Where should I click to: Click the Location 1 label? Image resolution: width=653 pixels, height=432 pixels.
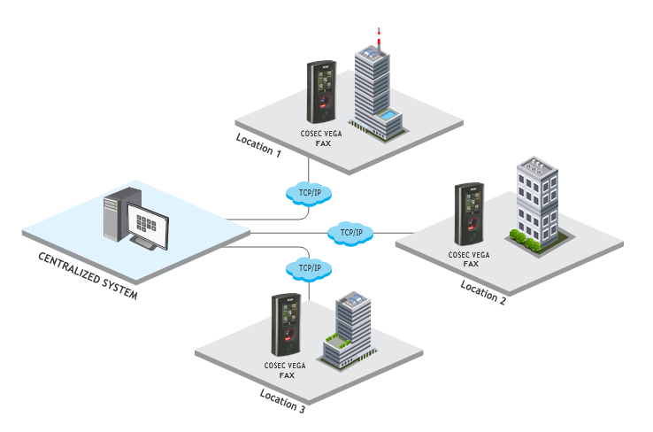pyautogui.click(x=258, y=145)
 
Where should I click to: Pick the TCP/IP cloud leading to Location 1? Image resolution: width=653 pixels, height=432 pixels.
pyautogui.click(x=306, y=192)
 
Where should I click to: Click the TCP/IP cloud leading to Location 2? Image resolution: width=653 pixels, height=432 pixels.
pyautogui.click(x=351, y=233)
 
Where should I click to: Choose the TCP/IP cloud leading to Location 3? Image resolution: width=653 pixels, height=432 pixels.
pyautogui.click(x=306, y=267)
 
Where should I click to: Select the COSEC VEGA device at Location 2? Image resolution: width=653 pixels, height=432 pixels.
pyautogui.click(x=468, y=215)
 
